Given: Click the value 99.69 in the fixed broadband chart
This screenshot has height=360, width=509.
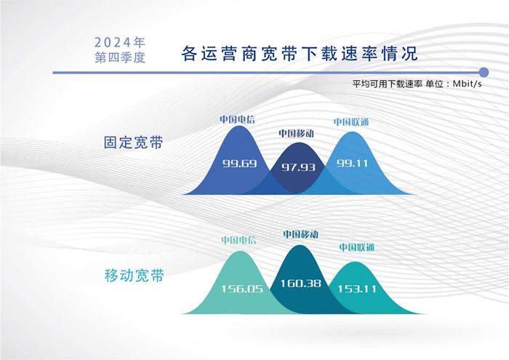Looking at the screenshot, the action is click(x=239, y=163).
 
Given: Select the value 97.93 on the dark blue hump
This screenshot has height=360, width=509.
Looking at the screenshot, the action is click(x=298, y=167).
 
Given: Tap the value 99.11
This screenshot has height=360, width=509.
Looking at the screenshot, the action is click(x=352, y=163).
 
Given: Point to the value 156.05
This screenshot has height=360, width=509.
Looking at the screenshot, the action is click(x=242, y=289).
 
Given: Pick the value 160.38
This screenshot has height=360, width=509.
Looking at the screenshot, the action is click(x=300, y=284).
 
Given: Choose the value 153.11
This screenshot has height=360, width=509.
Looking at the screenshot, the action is click(x=357, y=289).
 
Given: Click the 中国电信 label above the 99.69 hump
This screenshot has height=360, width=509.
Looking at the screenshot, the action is click(x=237, y=119).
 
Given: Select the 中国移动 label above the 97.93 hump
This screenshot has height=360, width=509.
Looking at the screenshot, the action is click(x=297, y=133).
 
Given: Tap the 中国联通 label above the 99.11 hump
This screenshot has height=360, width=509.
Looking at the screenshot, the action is click(x=351, y=122).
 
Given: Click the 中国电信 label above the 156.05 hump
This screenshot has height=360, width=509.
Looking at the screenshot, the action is click(x=239, y=240).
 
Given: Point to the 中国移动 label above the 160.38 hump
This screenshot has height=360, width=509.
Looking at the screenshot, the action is click(x=300, y=234).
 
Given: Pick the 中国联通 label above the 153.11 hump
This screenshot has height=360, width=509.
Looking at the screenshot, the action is click(x=357, y=247).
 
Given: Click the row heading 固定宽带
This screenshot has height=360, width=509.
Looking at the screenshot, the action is click(x=133, y=143).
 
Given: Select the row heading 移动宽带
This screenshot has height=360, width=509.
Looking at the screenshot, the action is click(x=134, y=276).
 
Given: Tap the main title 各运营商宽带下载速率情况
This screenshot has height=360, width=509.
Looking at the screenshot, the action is click(x=300, y=54).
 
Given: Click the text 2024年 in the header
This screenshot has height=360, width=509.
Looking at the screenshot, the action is click(x=120, y=42).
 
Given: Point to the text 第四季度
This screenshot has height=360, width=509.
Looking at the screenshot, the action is click(x=120, y=57).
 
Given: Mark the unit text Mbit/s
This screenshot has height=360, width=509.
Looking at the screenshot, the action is click(x=467, y=84).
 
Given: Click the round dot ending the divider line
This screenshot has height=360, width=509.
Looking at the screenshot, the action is click(x=484, y=73).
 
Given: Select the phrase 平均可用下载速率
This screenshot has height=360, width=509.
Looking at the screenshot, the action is click(x=388, y=84).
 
